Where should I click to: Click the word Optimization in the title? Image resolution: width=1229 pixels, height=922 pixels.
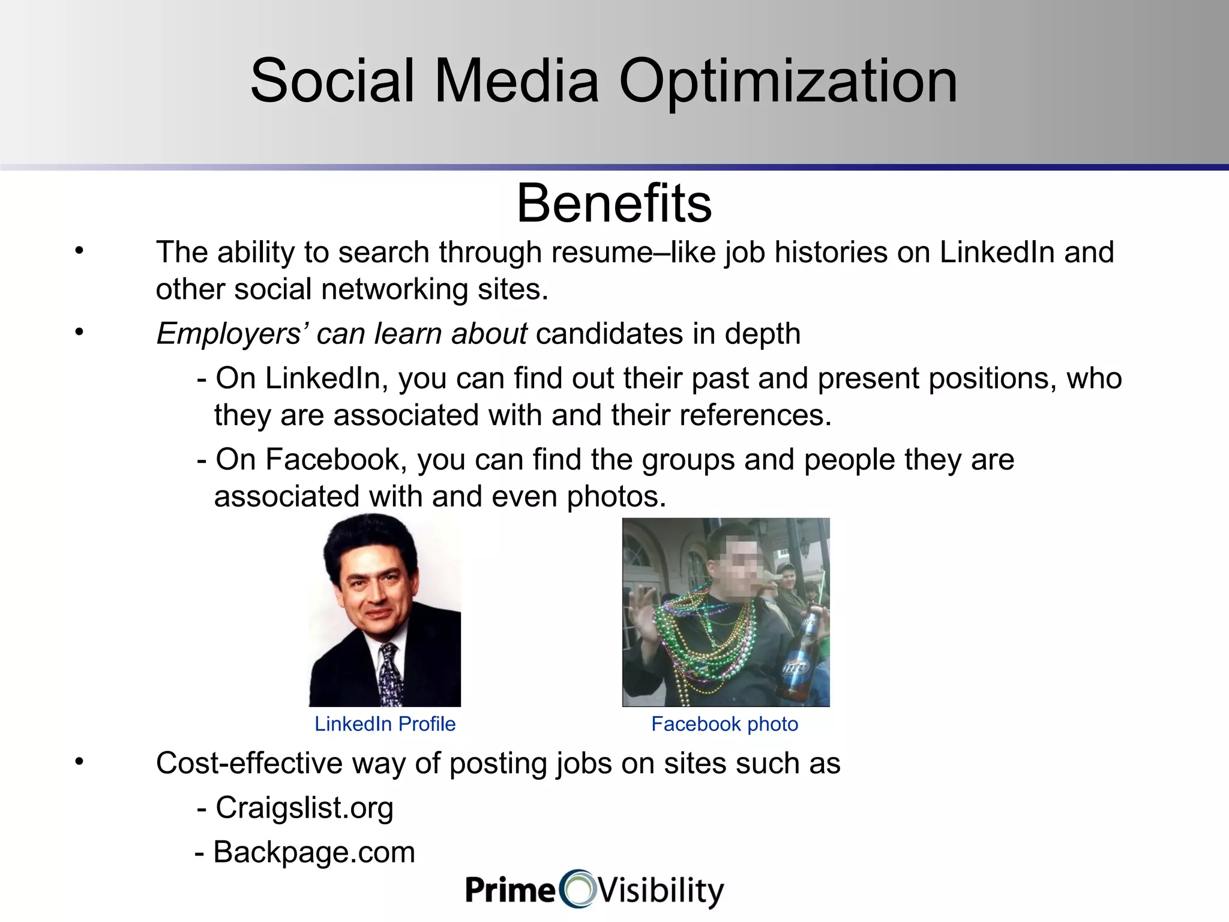[787, 81]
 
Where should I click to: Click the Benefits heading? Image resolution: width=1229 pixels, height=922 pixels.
[614, 203]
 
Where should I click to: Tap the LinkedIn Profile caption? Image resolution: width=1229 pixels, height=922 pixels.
[385, 724]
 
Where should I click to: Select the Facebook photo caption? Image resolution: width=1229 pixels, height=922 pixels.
[724, 724]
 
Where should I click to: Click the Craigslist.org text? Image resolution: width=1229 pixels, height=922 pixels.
[304, 807]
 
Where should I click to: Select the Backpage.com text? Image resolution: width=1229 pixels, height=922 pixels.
[314, 852]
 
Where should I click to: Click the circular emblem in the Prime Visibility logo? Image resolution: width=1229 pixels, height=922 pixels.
[577, 889]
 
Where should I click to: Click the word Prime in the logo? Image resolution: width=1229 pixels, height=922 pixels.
[511, 889]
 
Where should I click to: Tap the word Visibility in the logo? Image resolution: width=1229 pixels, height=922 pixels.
[661, 890]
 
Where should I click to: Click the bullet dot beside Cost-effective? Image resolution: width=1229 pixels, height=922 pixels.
[79, 761]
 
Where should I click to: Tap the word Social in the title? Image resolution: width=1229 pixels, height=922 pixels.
[332, 81]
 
